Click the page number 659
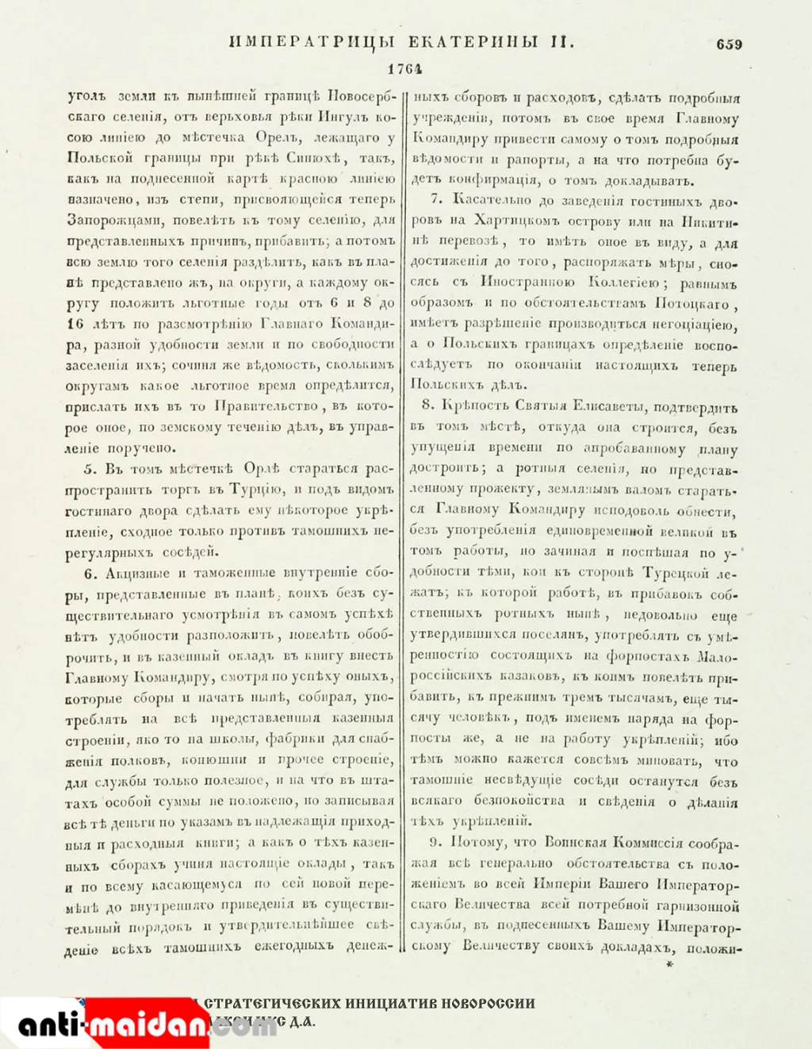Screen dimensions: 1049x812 coord(729,44)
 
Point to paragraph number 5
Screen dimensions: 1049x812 coord(90,469)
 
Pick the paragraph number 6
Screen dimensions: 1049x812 coord(90,573)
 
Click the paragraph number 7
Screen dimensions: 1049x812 coord(436,201)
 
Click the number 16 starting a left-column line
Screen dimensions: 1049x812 coord(75,325)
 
